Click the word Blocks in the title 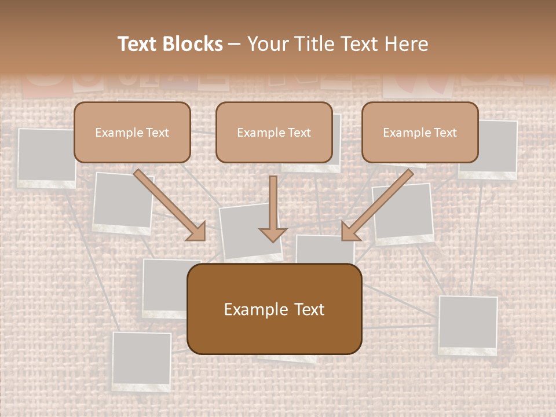coord(194,44)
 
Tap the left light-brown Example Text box coord(132,132)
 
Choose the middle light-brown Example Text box coord(274,132)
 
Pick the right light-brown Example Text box coord(420,132)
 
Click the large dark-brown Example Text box coord(274,309)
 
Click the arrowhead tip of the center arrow coord(273,240)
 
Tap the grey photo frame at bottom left coord(141,360)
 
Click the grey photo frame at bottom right coord(468,324)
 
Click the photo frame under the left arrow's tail coord(122,203)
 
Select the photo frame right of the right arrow coord(404,213)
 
